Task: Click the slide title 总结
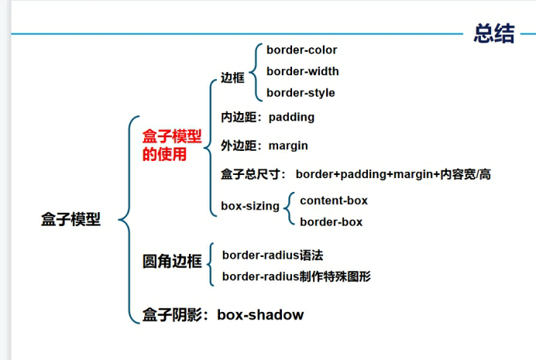click(494, 34)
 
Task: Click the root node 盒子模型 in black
click(70, 220)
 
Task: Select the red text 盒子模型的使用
click(171, 145)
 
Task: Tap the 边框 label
click(232, 77)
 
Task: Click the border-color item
click(301, 50)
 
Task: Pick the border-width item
click(302, 71)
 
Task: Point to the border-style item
click(301, 93)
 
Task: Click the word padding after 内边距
click(291, 118)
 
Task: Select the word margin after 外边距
click(288, 146)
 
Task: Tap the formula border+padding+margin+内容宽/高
click(393, 175)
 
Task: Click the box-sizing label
click(249, 207)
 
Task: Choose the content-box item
click(334, 201)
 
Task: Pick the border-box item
click(331, 222)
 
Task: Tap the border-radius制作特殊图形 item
click(296, 276)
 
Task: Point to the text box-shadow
click(260, 315)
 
